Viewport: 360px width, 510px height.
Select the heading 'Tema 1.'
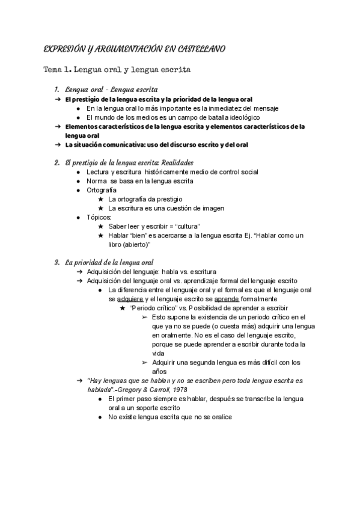[x=58, y=70]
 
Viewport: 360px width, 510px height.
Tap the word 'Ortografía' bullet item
[x=102, y=189]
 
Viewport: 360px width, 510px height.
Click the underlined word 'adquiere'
[x=130, y=298]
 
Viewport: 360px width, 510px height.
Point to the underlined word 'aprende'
[x=226, y=298]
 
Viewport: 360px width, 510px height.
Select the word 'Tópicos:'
[x=99, y=217]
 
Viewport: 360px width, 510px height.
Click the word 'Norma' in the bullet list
[x=97, y=180]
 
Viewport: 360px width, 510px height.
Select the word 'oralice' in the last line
[x=220, y=417]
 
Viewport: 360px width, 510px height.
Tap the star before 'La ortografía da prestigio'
[x=101, y=198]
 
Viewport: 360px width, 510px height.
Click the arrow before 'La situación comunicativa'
[x=58, y=145]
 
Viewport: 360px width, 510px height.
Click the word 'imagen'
[x=212, y=207]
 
